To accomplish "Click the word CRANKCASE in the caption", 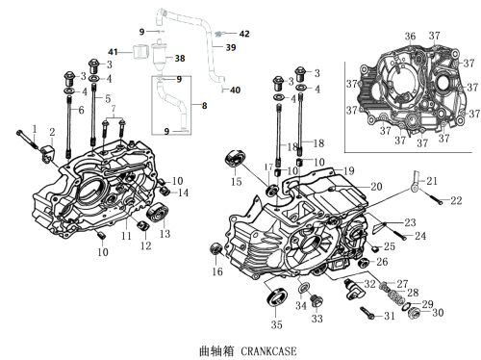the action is (268, 351).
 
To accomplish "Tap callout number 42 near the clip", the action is (244, 34).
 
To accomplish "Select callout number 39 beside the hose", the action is (231, 47).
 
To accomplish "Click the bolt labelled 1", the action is (29, 140).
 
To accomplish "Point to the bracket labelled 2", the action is (48, 153).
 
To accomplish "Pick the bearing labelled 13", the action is (158, 212).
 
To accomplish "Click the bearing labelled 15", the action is (235, 159).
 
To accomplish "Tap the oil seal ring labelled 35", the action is (277, 297).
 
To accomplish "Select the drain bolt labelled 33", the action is (317, 300).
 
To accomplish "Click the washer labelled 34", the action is (304, 288).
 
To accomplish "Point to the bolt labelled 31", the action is (367, 313).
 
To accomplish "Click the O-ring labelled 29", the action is (406, 306).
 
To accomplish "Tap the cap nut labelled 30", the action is (415, 313).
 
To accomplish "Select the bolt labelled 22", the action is (432, 196).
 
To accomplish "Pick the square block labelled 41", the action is (140, 51).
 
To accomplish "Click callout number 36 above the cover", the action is (410, 37).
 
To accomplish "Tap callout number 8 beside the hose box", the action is (204, 106).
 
